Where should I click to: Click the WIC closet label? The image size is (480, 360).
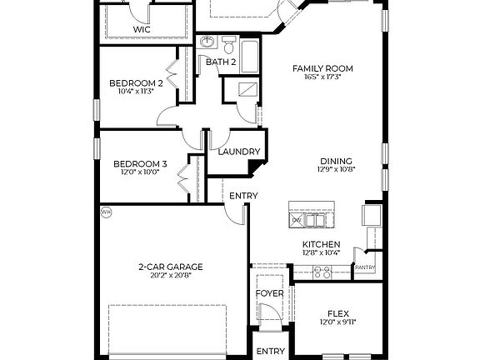click(142, 29)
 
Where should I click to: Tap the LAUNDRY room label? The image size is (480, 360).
click(239, 152)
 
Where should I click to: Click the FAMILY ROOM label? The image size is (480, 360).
click(322, 67)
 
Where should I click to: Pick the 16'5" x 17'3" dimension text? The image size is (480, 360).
click(322, 77)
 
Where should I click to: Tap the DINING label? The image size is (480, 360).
click(336, 162)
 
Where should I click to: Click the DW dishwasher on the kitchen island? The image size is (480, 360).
click(297, 220)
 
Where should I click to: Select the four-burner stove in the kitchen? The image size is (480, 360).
click(322, 271)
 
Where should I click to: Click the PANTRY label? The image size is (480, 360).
click(364, 267)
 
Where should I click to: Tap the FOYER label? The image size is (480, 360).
click(269, 293)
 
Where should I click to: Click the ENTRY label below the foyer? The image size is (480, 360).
click(270, 351)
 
